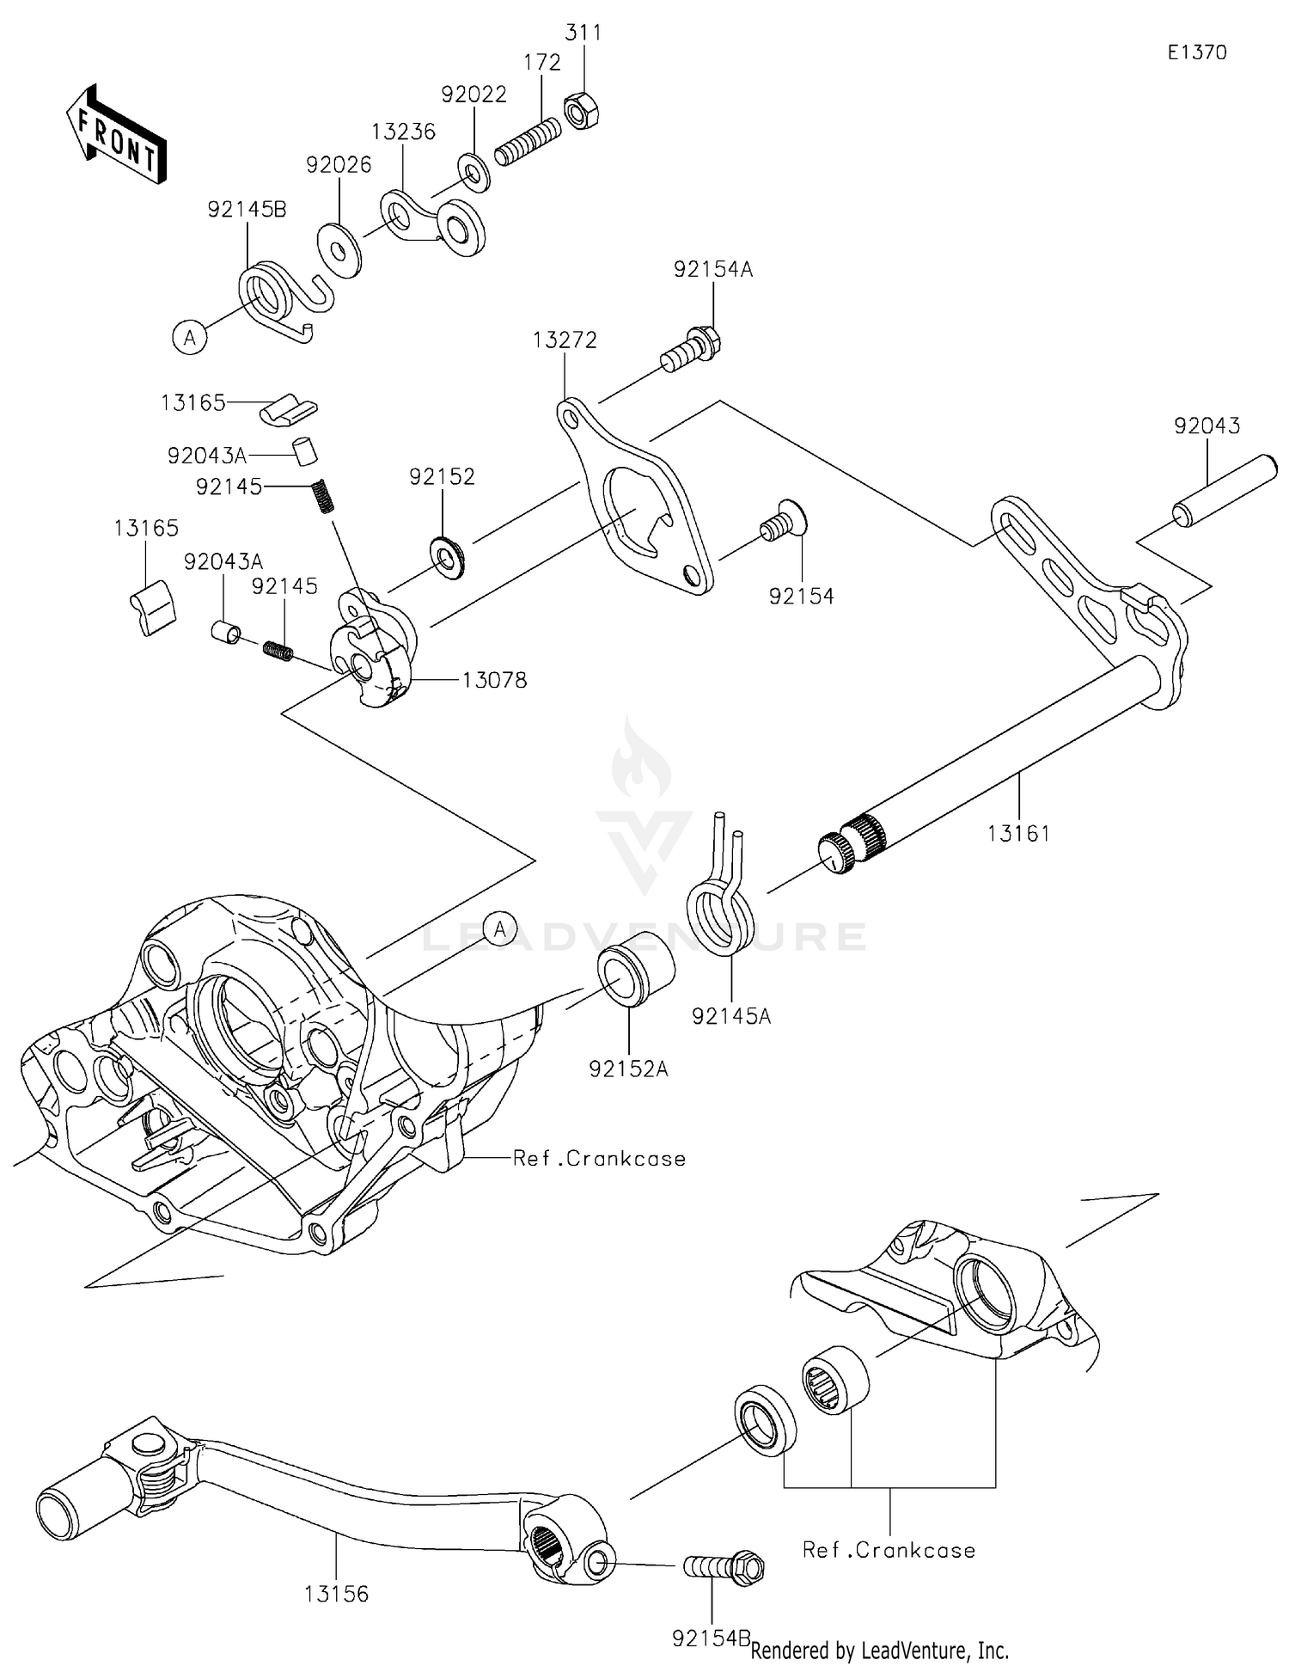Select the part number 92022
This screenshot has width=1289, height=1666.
point(473,95)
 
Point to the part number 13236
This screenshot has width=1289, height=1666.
point(403,132)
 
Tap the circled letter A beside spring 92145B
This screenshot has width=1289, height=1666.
point(190,337)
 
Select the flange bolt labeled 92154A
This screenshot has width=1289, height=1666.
point(693,349)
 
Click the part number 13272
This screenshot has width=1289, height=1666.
point(564,340)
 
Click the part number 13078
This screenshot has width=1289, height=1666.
point(494,680)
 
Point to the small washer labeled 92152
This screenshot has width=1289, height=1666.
point(447,557)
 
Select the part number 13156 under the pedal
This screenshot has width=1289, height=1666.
point(336,1594)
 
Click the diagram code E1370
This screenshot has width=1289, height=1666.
point(1196,52)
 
